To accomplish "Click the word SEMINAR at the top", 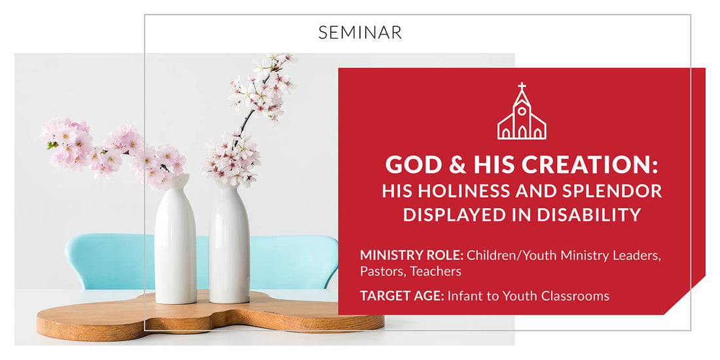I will [x=360, y=32].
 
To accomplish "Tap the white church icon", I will [x=521, y=116].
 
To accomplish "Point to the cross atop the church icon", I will [x=522, y=87].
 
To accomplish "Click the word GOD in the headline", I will [x=407, y=164].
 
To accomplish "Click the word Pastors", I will [x=381, y=271].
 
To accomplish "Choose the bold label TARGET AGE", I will [x=401, y=296].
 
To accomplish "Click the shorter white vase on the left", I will [x=175, y=242].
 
